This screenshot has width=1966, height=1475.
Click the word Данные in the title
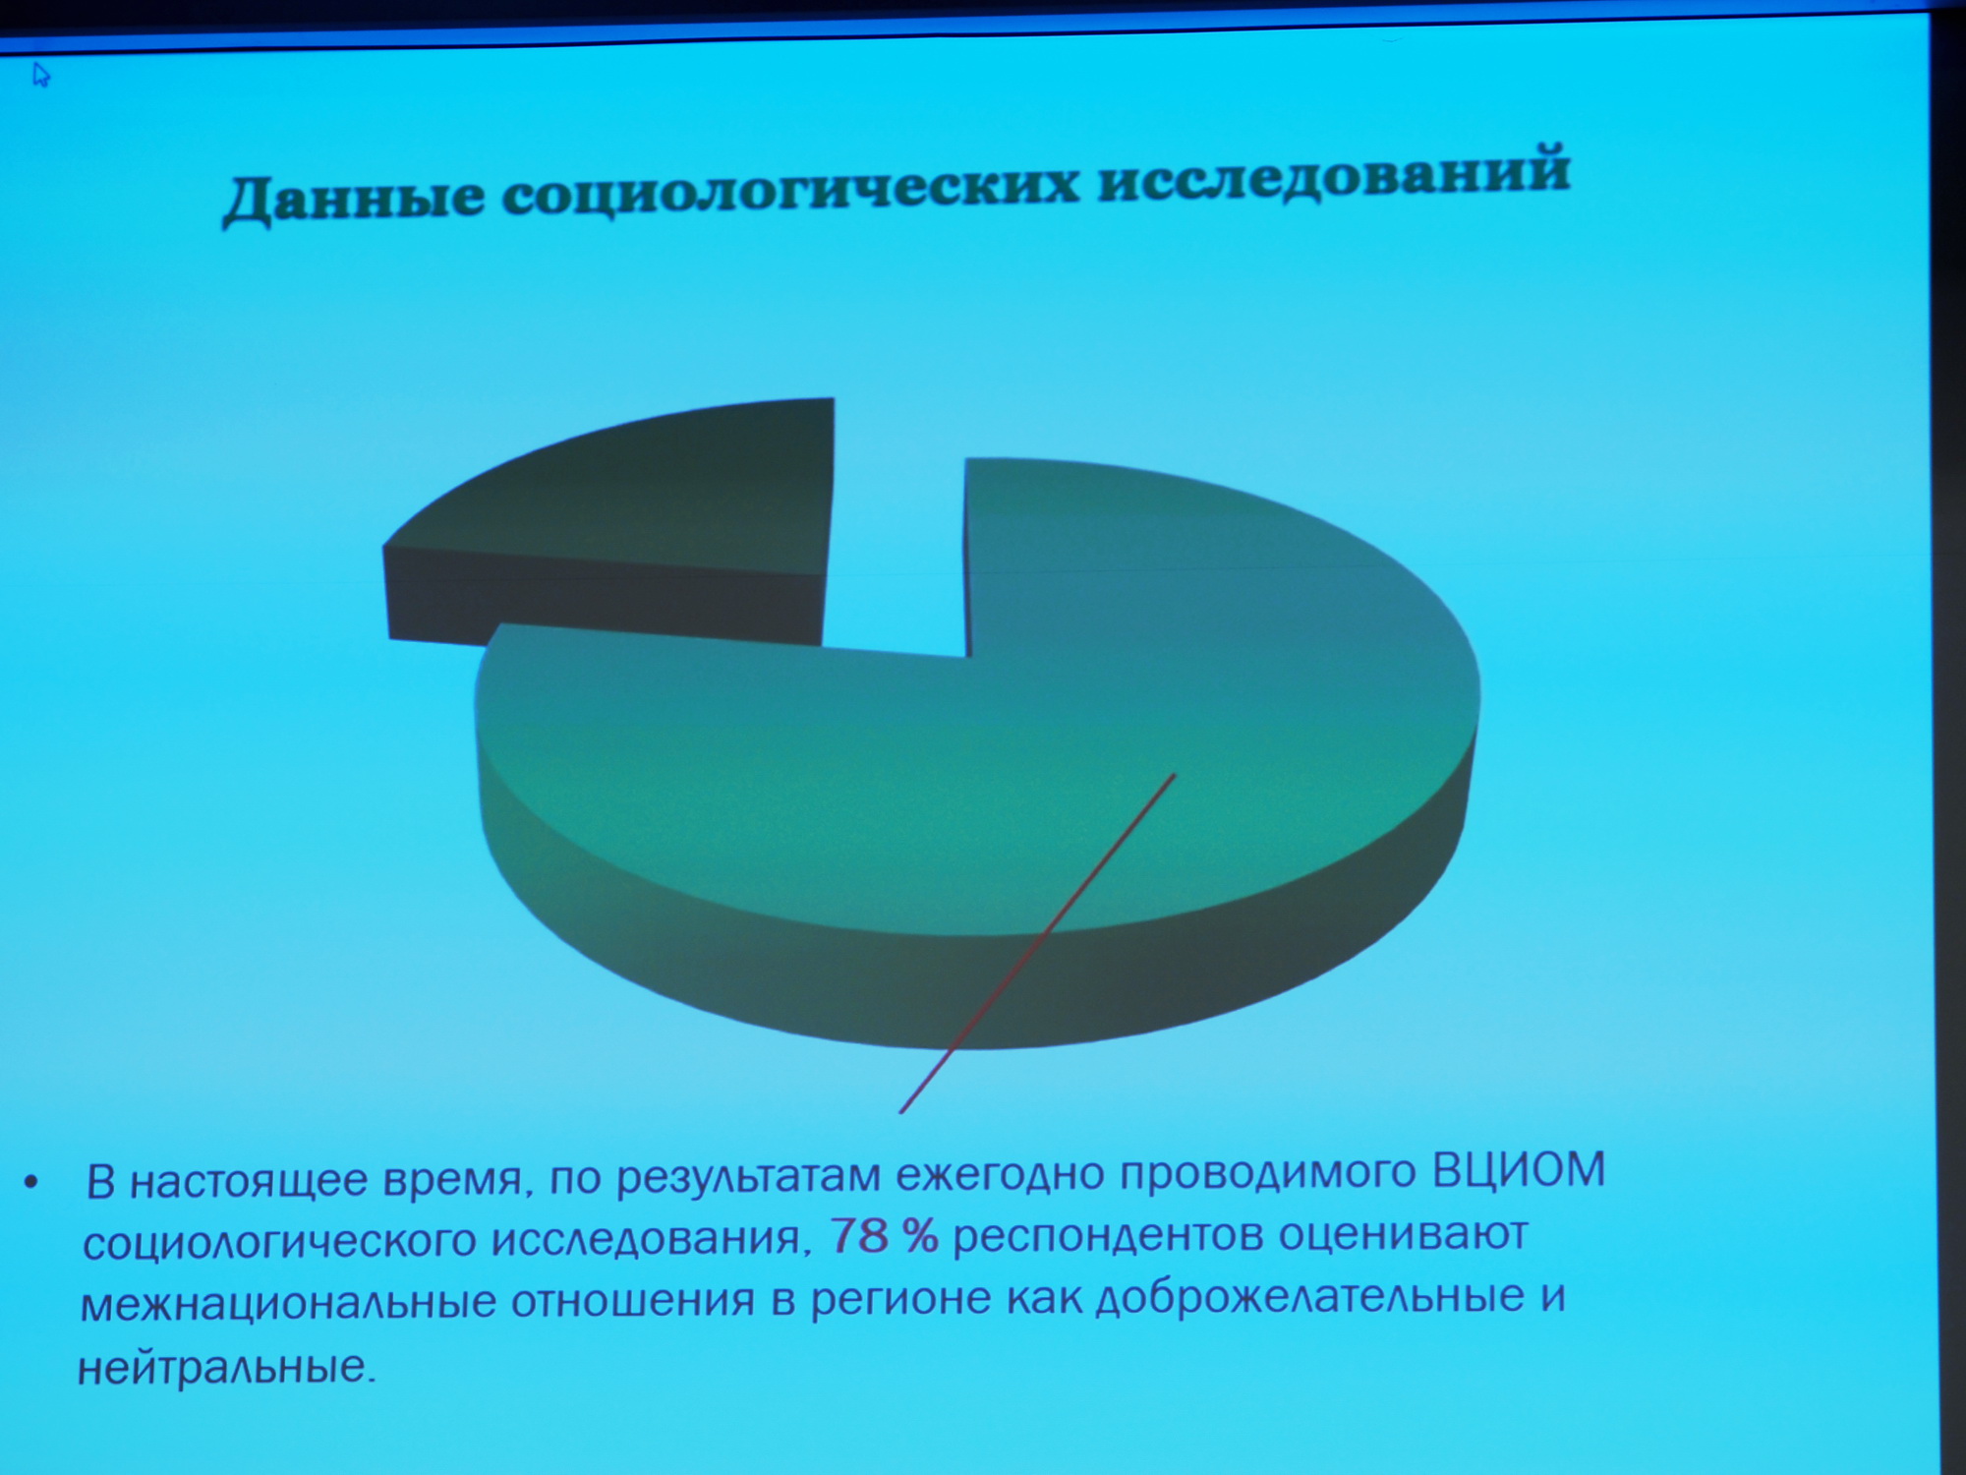(354, 198)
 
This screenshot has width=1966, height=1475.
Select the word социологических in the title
(790, 187)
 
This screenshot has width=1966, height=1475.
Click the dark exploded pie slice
(609, 521)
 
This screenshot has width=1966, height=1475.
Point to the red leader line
(1037, 944)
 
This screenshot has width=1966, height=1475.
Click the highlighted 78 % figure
(884, 1236)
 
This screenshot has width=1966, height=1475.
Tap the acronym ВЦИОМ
(1518, 1170)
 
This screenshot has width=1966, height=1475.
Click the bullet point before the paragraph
(32, 1183)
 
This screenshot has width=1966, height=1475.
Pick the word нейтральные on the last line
(226, 1368)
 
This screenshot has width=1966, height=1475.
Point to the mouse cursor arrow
(41, 75)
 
